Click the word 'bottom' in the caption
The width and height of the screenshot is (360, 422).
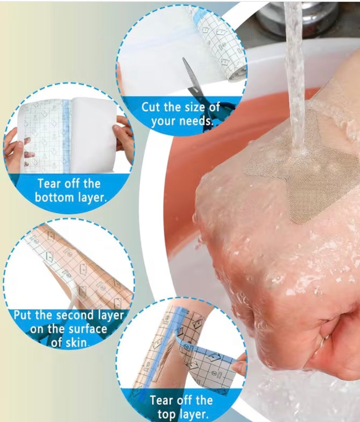point(53,198)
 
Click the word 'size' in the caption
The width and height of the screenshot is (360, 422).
point(194,108)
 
